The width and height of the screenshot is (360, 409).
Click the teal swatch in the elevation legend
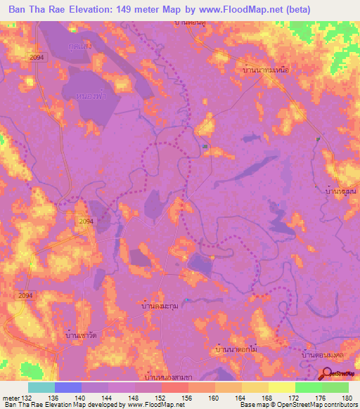[x=41, y=387]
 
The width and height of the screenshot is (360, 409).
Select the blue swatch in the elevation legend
[x=68, y=387]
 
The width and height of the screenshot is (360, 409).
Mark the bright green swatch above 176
[x=309, y=387]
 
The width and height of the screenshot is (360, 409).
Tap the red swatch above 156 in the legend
[x=175, y=387]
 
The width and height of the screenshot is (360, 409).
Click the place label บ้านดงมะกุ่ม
[x=163, y=306]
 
